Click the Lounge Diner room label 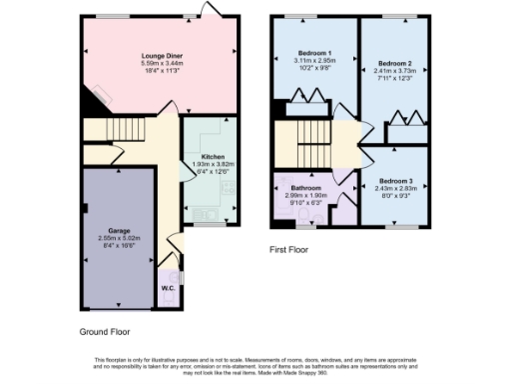161,56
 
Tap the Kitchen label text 213,157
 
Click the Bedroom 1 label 314,52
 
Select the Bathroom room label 305,188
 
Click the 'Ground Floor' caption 104,331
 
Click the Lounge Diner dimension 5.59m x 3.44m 161,64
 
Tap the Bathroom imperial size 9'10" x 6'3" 305,203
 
